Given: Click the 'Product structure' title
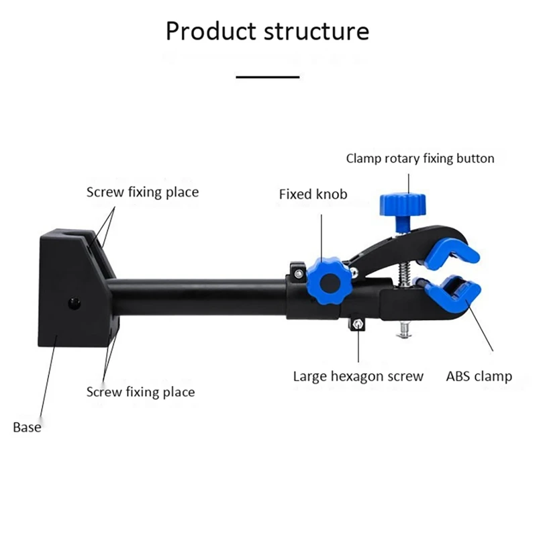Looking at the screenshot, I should (x=267, y=32).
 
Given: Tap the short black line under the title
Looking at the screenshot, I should (x=268, y=77).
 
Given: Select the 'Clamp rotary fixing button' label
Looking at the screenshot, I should (x=420, y=159).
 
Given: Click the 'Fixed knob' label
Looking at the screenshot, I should (x=313, y=195).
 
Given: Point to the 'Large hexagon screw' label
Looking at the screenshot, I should (x=358, y=376).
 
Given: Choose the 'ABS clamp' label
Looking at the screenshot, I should (x=479, y=376).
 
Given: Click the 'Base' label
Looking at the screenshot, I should (x=27, y=427).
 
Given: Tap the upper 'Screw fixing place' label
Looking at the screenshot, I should (x=142, y=193).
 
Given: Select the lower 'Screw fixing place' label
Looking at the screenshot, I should (x=140, y=392).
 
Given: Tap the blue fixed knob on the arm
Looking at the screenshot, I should (x=328, y=283).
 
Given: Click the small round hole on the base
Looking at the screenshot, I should (x=73, y=304).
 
